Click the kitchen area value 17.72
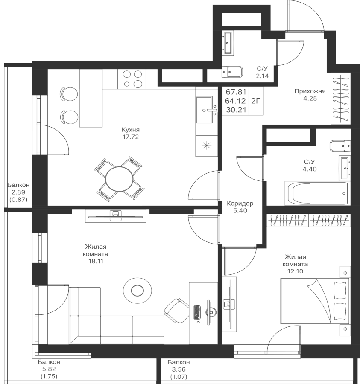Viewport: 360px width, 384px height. (130, 137)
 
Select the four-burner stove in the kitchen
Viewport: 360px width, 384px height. (132, 79)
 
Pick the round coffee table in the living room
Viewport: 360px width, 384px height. (137, 291)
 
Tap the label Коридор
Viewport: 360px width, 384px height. (240, 204)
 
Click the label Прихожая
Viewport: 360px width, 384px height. (310, 91)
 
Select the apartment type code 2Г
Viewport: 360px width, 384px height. (255, 101)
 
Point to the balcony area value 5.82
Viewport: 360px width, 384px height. (49, 369)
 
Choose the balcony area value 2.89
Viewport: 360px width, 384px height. (19, 192)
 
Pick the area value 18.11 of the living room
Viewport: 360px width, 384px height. (94, 261)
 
